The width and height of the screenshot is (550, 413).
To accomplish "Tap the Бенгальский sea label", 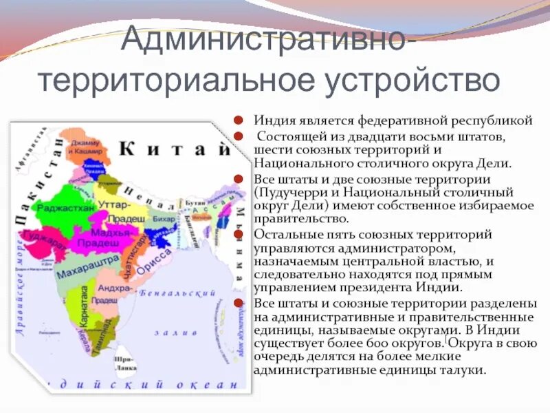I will (169, 293).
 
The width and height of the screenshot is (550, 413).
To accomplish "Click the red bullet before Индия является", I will (238, 120).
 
